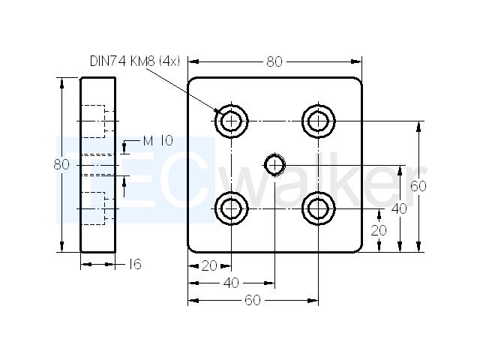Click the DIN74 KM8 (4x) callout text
click(x=135, y=61)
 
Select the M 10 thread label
click(x=158, y=141)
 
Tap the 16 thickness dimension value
click(x=135, y=264)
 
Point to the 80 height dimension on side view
click(x=61, y=165)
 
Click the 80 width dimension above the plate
click(x=274, y=61)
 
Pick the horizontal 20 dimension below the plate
click(x=209, y=265)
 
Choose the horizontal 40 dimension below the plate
click(x=231, y=283)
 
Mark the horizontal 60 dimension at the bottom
click(x=253, y=300)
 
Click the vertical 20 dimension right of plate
click(x=379, y=230)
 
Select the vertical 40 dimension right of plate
click(x=399, y=208)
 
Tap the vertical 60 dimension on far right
click(x=418, y=186)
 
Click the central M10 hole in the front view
click(x=275, y=165)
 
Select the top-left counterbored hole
click(x=231, y=121)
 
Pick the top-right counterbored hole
click(x=318, y=121)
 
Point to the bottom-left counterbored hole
click(x=231, y=208)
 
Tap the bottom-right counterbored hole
click(x=318, y=208)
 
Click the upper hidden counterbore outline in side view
click(x=105, y=121)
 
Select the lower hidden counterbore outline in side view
click(x=105, y=208)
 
